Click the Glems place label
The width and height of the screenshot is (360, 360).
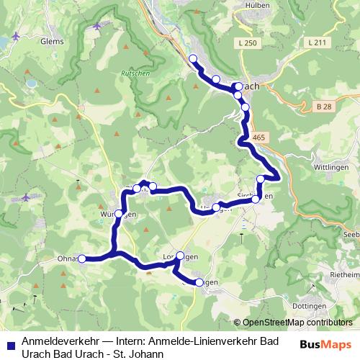tap(53, 42)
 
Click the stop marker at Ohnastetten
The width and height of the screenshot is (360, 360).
tap(81, 258)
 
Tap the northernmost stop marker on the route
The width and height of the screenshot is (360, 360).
tap(192, 58)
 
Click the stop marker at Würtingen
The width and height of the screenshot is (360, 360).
tap(118, 213)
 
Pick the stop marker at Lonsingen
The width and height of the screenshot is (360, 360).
tap(180, 256)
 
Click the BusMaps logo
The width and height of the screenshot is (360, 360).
tap(326, 344)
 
